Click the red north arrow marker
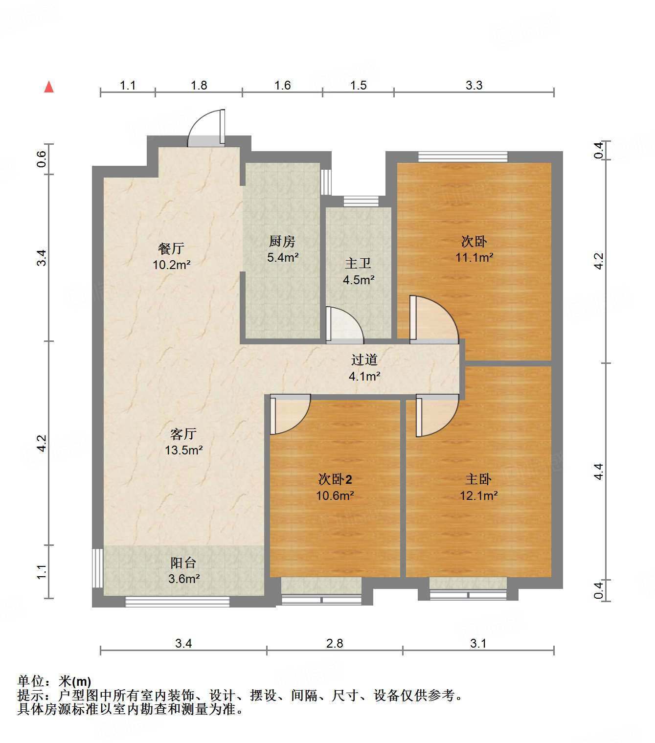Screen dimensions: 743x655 click(49, 87)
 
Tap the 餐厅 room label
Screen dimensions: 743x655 click(171, 248)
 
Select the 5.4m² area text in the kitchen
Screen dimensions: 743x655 click(283, 257)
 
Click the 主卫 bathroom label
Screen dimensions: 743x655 click(358, 264)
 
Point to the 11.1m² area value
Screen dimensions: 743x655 click(474, 257)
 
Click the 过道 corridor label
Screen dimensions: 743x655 click(364, 360)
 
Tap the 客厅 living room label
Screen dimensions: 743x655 click(183, 434)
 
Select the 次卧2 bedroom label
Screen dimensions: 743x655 click(335, 479)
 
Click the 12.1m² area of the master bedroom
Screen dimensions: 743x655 click(478, 495)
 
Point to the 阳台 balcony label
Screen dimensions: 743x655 click(183, 563)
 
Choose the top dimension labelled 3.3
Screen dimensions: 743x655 click(474, 86)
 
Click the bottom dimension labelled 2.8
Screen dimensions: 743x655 click(335, 643)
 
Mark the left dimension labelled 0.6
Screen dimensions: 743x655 click(42, 159)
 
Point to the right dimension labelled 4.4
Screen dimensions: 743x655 click(598, 472)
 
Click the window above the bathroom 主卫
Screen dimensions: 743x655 click(361, 201)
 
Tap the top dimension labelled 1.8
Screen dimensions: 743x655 click(199, 86)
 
